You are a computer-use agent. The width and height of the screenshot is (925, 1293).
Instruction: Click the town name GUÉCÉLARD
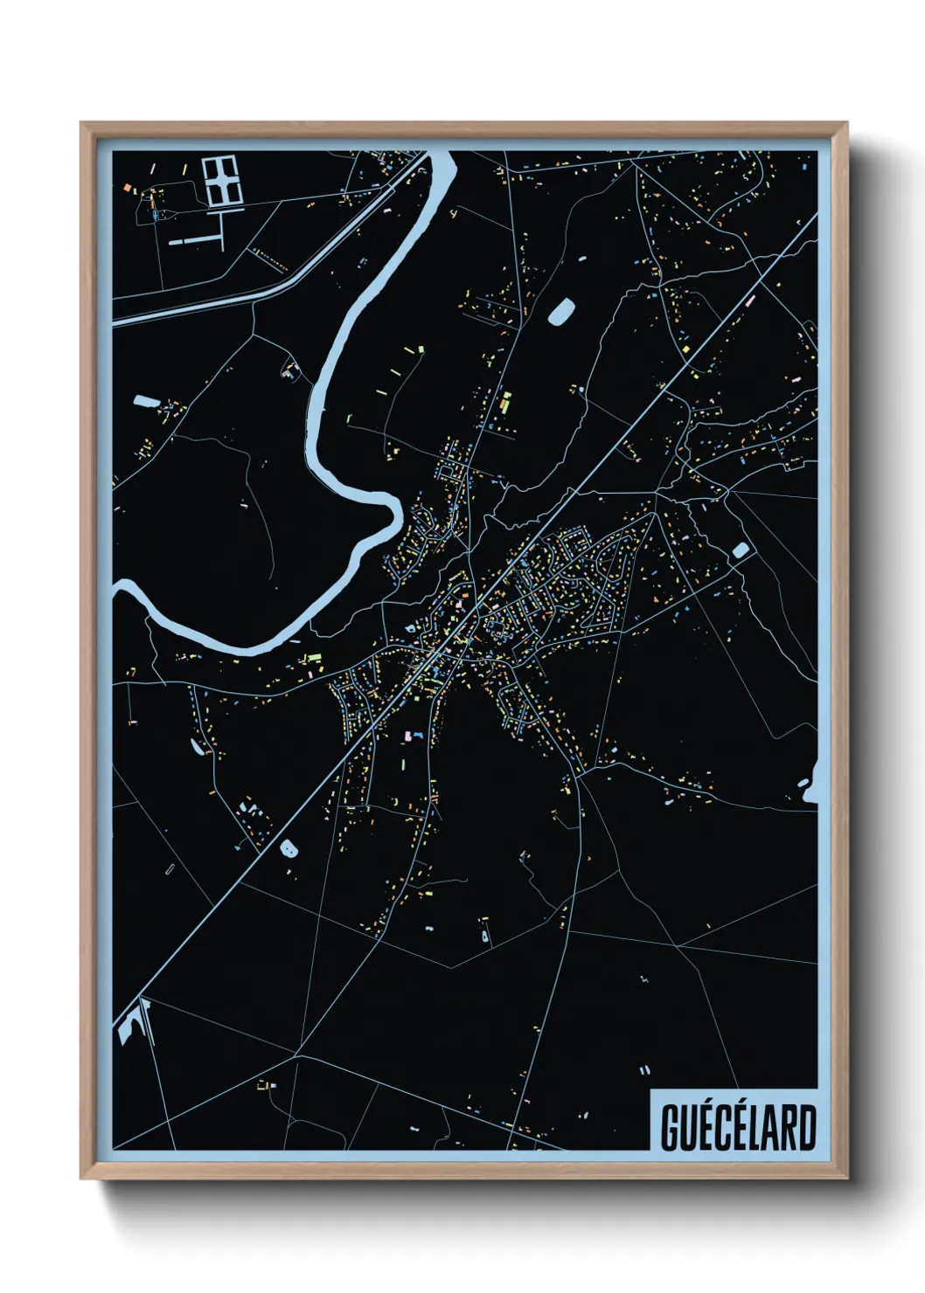[737, 1127]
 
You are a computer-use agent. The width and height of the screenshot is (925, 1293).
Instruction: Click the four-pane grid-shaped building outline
[220, 181]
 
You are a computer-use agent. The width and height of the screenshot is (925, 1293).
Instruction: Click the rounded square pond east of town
[741, 550]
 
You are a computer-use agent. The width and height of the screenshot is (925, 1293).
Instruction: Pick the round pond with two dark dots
[287, 847]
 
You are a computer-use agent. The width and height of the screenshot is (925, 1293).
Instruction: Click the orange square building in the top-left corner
[127, 187]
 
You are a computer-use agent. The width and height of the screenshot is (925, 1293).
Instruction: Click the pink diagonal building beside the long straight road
[749, 301]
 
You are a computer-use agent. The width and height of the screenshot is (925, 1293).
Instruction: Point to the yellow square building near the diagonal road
[686, 350]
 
